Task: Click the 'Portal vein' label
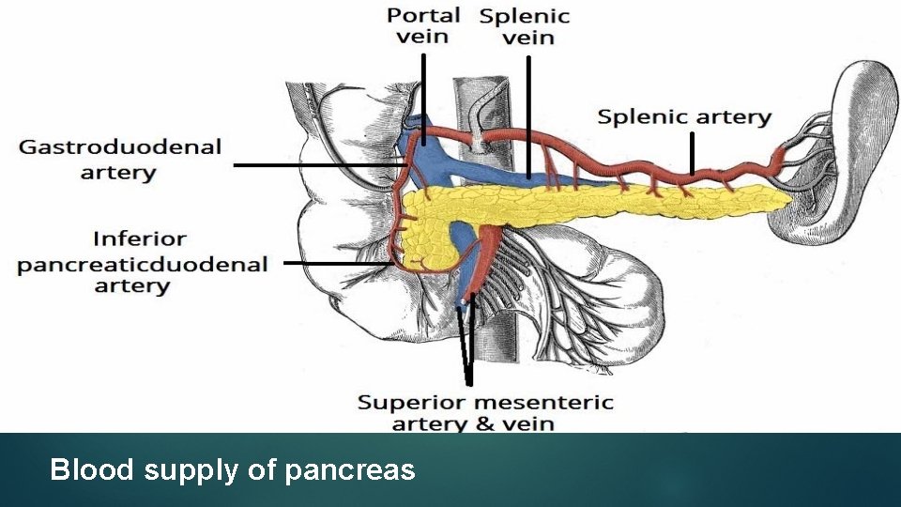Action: (x=422, y=25)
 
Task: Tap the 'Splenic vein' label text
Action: (x=525, y=26)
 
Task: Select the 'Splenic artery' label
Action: (x=683, y=117)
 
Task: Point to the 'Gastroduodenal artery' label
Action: (x=120, y=159)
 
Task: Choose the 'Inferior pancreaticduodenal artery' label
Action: (x=142, y=263)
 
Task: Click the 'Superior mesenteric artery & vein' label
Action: (x=485, y=413)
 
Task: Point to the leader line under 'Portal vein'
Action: (x=423, y=99)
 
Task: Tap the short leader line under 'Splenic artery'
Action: (x=692, y=153)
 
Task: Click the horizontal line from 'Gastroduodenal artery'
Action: (x=319, y=165)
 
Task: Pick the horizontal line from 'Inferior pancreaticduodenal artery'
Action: (x=338, y=264)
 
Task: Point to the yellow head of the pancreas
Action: (x=422, y=235)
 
